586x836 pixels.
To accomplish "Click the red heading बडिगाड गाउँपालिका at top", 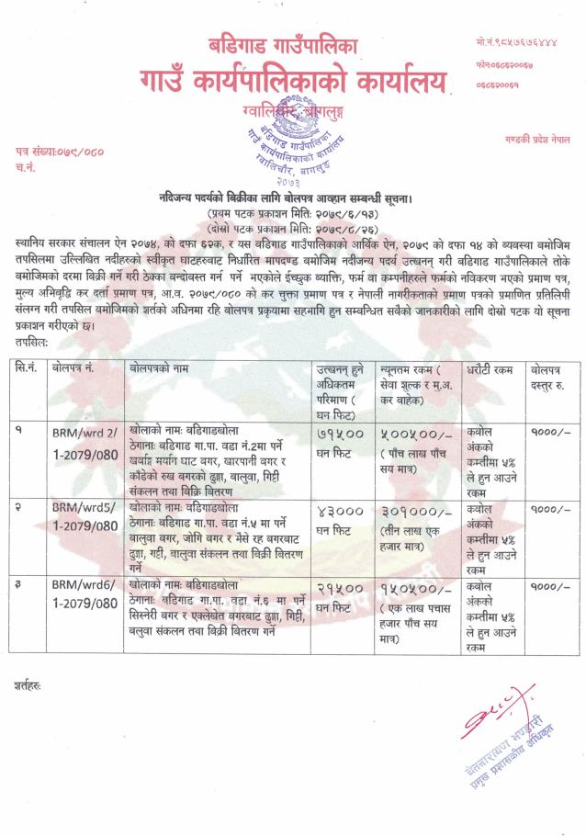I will [293, 45].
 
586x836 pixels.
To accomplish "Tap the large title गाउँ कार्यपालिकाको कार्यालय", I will [293, 85].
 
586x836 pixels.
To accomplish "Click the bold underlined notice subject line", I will [291, 198].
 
